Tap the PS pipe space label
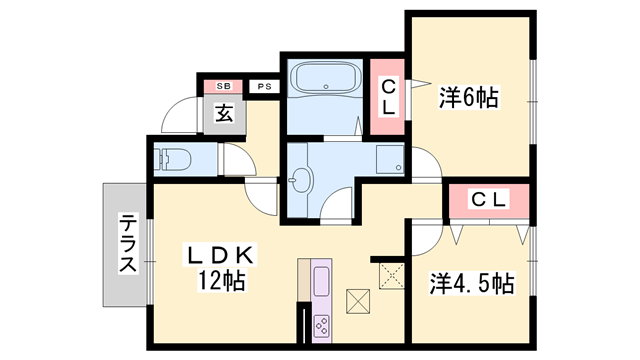click(264, 87)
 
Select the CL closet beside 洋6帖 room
click(386, 98)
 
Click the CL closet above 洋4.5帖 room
click(489, 200)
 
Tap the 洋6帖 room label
click(468, 98)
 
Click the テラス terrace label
click(128, 245)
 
